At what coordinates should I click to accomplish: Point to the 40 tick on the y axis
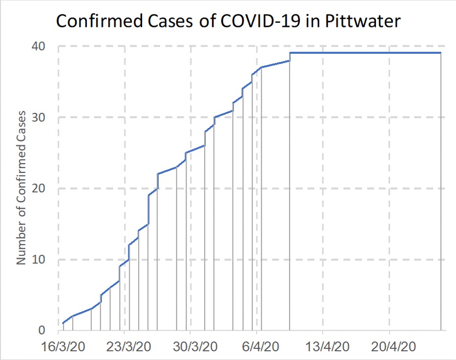click(39, 47)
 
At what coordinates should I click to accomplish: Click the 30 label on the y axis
click(39, 118)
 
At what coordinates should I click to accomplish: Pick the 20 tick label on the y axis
click(39, 189)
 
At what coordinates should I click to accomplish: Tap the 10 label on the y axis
click(39, 259)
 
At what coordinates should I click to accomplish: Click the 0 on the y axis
click(42, 331)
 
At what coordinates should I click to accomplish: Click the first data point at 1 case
click(63, 323)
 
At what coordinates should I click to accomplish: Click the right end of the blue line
click(441, 53)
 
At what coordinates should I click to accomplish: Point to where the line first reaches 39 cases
click(290, 53)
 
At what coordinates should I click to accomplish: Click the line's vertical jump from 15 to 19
click(148, 210)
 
